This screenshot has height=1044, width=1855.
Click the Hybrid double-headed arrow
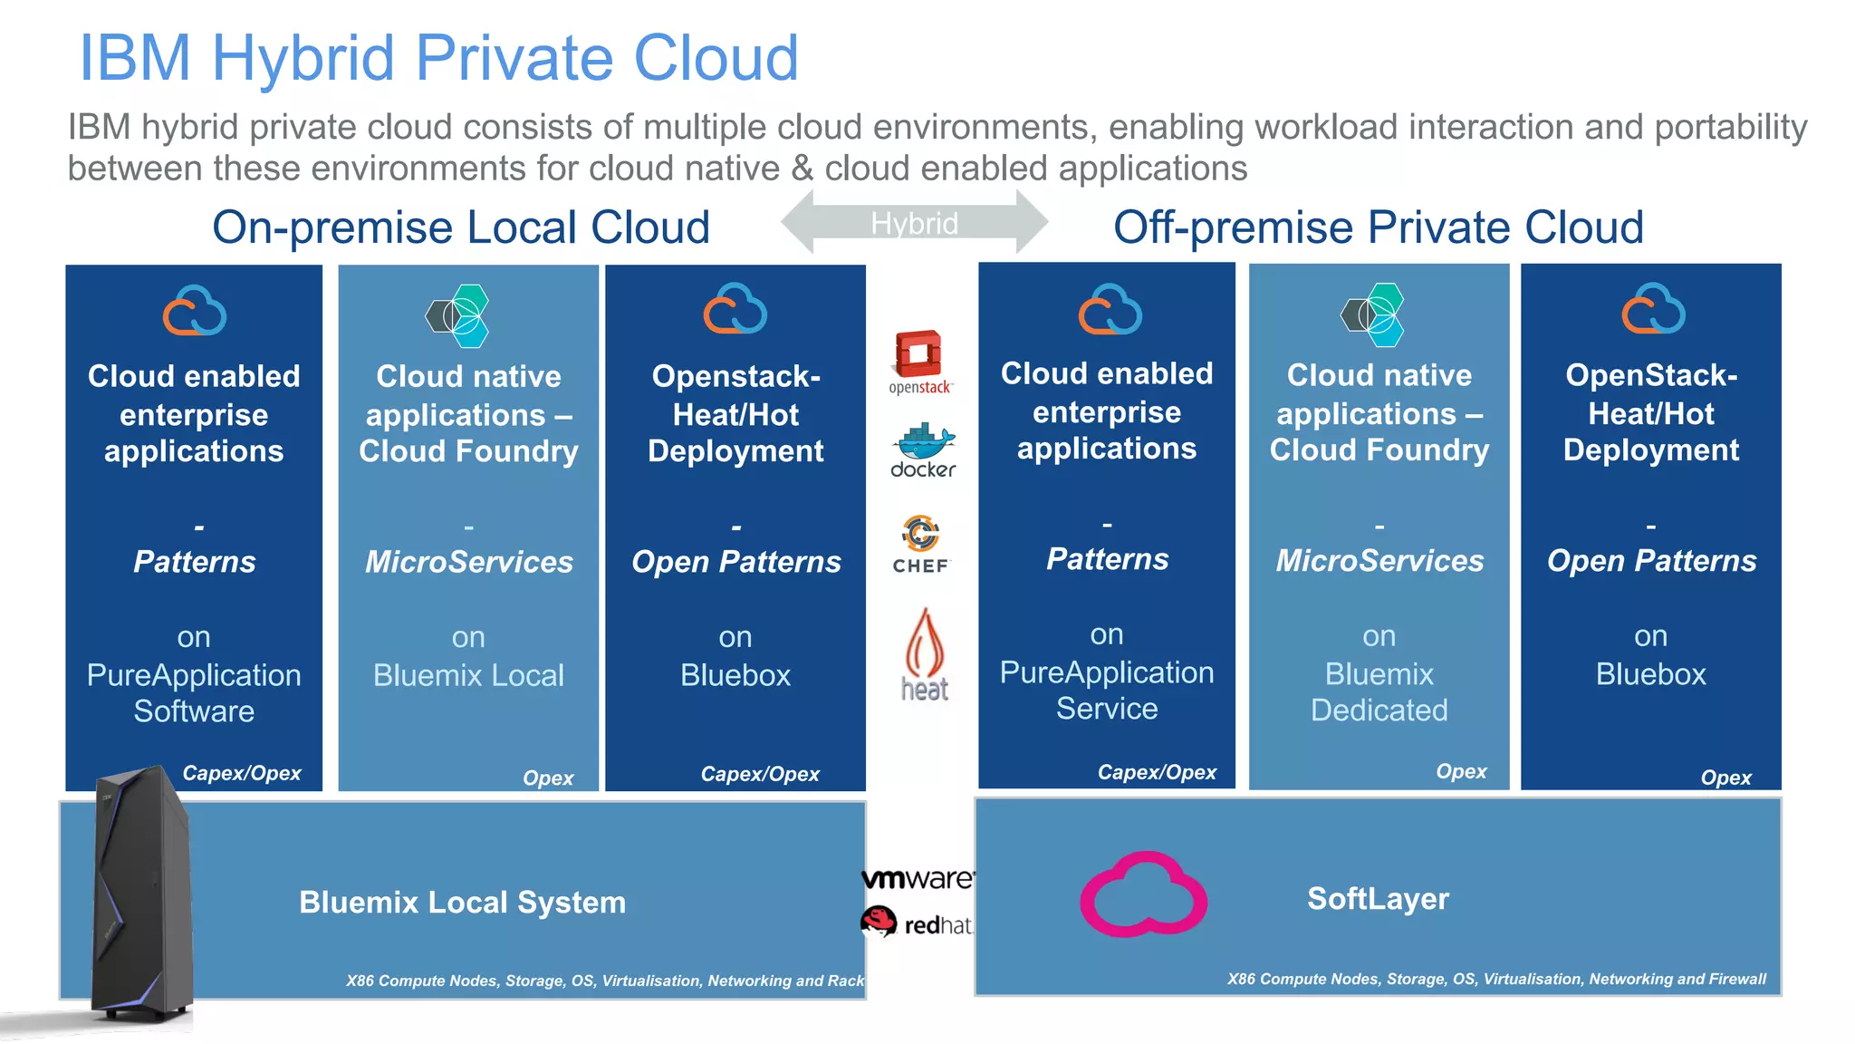tap(914, 222)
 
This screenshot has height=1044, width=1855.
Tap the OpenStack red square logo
tap(919, 355)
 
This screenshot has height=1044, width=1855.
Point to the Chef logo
tap(920, 544)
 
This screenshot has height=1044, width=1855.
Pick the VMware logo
tap(917, 878)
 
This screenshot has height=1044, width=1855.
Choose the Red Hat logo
tap(916, 923)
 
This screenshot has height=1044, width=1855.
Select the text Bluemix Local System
tap(462, 902)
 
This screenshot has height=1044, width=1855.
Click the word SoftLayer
tap(1378, 898)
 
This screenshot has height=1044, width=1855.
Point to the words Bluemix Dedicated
tap(1379, 691)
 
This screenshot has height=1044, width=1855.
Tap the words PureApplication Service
tap(1106, 690)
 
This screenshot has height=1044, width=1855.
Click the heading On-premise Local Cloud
tap(460, 227)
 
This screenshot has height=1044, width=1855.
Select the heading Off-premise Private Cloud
tap(1378, 227)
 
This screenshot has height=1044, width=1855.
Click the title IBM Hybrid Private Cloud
tap(438, 58)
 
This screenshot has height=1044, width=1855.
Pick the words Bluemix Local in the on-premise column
tap(468, 675)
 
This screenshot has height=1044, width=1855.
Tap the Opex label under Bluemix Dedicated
tap(1461, 771)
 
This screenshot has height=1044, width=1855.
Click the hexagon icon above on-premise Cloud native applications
tap(458, 315)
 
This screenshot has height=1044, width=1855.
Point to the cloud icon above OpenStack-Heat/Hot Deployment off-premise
tap(1652, 310)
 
